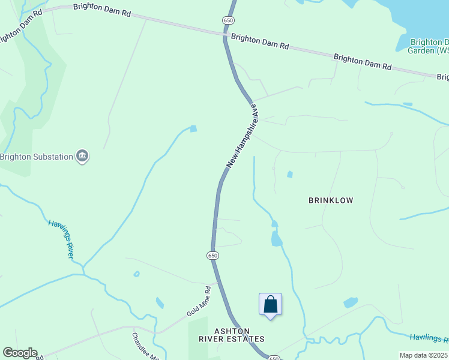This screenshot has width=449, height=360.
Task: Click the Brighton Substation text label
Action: [36, 157]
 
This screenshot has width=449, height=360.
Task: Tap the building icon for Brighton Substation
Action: [83, 157]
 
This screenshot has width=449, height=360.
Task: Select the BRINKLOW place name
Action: [331, 200]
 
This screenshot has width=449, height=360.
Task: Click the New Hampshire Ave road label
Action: [242, 137]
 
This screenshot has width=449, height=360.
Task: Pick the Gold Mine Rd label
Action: [199, 301]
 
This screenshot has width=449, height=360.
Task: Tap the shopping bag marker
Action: [270, 304]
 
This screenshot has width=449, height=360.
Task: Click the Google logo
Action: [20, 353]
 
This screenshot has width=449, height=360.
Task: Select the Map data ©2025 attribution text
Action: [423, 355]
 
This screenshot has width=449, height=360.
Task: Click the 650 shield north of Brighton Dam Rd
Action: [228, 20]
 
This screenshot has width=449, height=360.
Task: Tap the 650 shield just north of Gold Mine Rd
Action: [212, 256]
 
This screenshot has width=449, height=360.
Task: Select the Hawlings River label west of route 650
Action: [62, 239]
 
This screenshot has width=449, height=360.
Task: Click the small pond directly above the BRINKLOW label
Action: [290, 175]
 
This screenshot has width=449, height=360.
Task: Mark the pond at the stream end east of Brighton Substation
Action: [193, 128]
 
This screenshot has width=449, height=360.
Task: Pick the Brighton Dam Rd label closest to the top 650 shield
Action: [260, 41]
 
